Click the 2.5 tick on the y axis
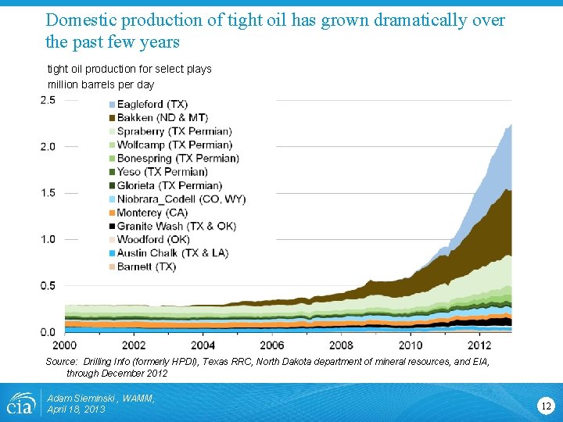[x=48, y=100]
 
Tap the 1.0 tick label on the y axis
[x=48, y=239]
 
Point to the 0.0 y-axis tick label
[x=48, y=332]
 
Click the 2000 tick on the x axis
[x=65, y=345]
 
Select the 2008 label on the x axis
[x=341, y=345]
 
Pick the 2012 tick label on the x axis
[x=479, y=345]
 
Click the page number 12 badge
[x=545, y=405]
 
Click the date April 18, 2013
[x=76, y=409]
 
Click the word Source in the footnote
[x=60, y=362]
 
